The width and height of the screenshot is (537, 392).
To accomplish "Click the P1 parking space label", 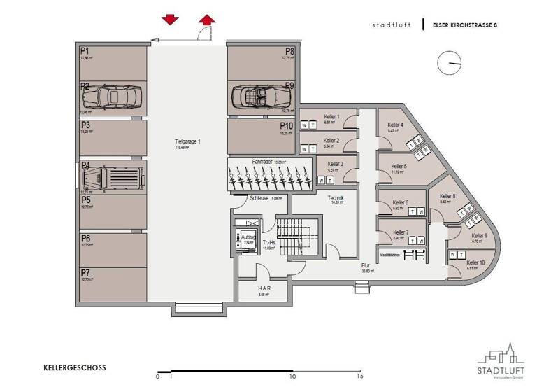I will click(x=85, y=51).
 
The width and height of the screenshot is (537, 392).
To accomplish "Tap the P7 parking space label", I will click(x=85, y=272).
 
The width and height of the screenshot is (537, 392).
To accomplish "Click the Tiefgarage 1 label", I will click(x=187, y=142).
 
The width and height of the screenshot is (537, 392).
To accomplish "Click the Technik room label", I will click(x=336, y=198).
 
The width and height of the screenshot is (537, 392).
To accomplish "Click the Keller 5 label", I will click(x=399, y=166).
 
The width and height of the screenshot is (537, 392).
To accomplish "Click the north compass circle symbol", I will click(x=448, y=64).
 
